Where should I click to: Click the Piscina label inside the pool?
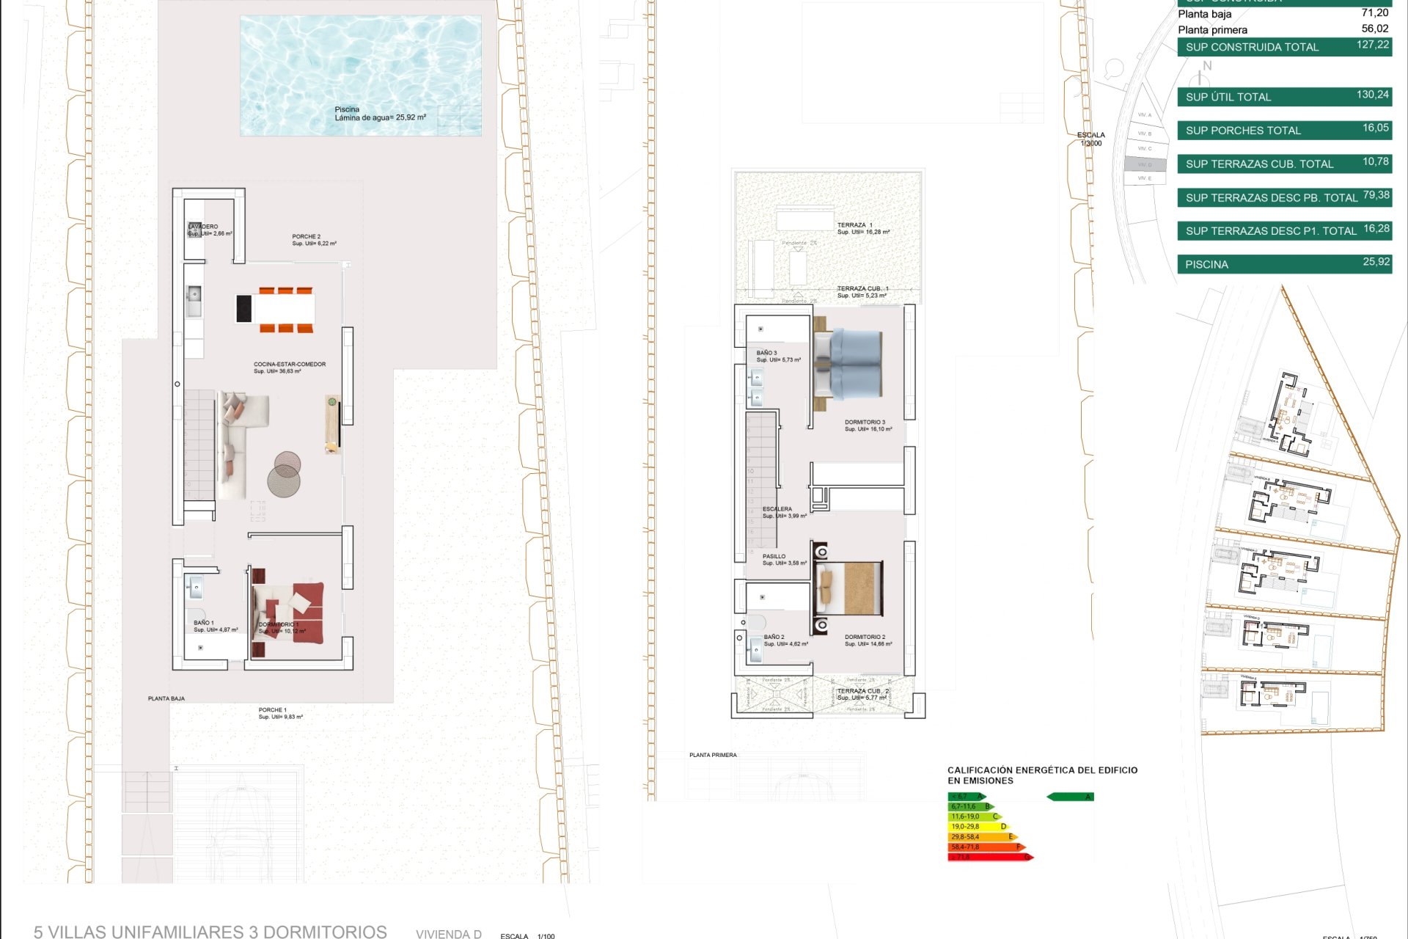pyautogui.click(x=347, y=109)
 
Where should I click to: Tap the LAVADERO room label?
pyautogui.click(x=204, y=227)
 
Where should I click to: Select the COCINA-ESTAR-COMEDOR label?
pyautogui.click(x=290, y=365)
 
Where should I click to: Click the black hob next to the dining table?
pyautogui.click(x=243, y=309)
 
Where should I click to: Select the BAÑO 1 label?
pyautogui.click(x=204, y=623)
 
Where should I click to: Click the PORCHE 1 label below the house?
pyautogui.click(x=272, y=710)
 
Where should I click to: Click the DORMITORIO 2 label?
pyautogui.click(x=865, y=637)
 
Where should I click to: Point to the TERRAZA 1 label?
pyautogui.click(x=854, y=225)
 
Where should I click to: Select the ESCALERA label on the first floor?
pyautogui.click(x=777, y=509)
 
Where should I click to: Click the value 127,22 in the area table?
pyautogui.click(x=1372, y=45)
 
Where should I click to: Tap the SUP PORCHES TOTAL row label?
pyautogui.click(x=1243, y=131)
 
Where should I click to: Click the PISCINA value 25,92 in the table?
pyautogui.click(x=1376, y=262)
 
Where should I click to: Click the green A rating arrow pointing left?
pyautogui.click(x=1071, y=797)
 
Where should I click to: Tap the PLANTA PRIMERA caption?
pyautogui.click(x=713, y=755)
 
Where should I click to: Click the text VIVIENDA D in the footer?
pyautogui.click(x=448, y=934)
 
